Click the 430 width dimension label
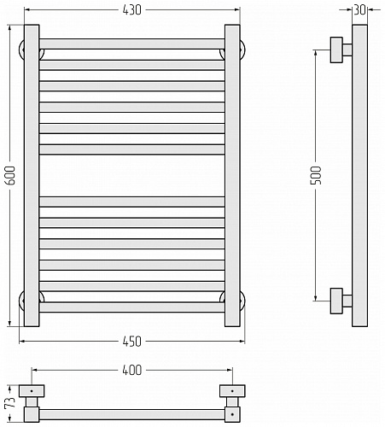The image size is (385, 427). (x=131, y=10)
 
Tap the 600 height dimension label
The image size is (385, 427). (x=10, y=175)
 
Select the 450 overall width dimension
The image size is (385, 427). (x=131, y=342)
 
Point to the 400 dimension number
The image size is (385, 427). (x=131, y=370)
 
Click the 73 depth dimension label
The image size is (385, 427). (x=10, y=402)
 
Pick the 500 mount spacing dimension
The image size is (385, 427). (x=316, y=175)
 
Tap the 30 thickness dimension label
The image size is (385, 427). (x=359, y=10)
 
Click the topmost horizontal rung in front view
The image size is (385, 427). (x=131, y=44)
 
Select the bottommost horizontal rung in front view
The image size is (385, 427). (x=131, y=307)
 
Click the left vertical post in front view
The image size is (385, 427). (x=32, y=175)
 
